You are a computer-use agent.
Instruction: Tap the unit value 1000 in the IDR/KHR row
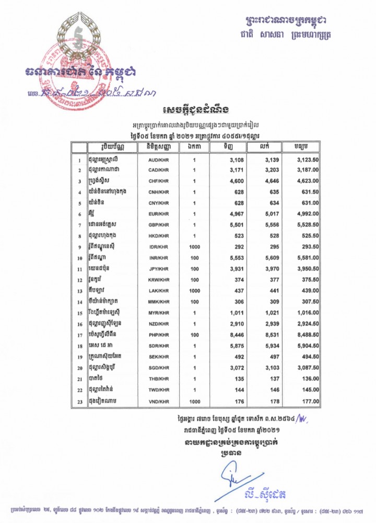pyautogui.click(x=194, y=247)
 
